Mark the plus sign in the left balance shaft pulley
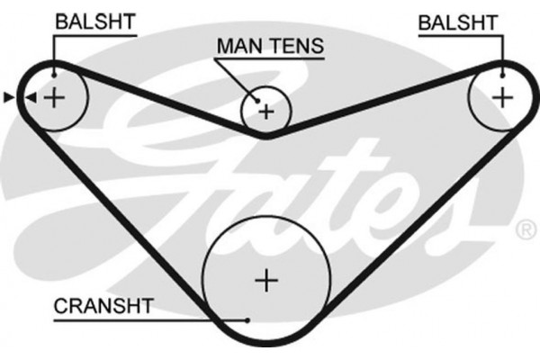coord(56,96)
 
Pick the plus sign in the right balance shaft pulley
coord(501,94)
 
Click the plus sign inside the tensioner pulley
coord(266,112)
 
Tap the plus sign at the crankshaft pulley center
coord(265,281)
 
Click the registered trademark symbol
coord(525,229)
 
